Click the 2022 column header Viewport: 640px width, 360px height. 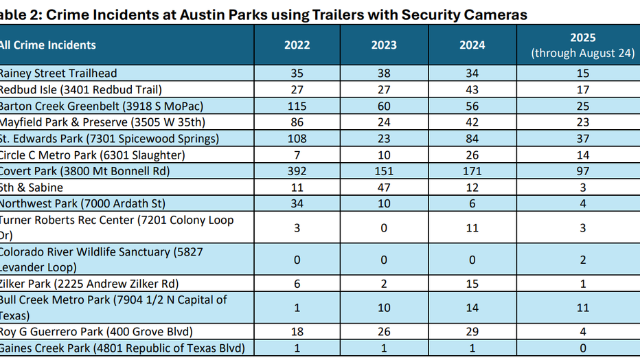(297, 45)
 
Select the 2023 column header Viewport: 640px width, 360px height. (384, 45)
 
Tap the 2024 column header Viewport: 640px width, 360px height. (472, 45)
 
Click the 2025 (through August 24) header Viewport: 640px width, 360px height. (582, 45)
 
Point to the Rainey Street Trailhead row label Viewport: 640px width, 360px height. (58, 74)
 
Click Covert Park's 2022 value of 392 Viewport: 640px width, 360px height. (297, 171)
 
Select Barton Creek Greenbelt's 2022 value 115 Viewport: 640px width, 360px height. (297, 106)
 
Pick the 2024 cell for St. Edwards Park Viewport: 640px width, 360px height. (472, 139)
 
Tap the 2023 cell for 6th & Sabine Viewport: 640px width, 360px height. (384, 188)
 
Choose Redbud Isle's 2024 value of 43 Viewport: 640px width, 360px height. (472, 90)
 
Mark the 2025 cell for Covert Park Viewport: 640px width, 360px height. (582, 171)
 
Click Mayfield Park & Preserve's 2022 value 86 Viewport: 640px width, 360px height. (297, 122)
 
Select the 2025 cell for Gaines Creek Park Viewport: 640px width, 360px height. (582, 348)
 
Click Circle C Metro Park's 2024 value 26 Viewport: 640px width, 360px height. (472, 155)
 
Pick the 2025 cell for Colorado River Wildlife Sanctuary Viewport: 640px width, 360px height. (582, 260)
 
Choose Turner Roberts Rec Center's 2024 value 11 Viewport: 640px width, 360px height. (472, 227)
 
